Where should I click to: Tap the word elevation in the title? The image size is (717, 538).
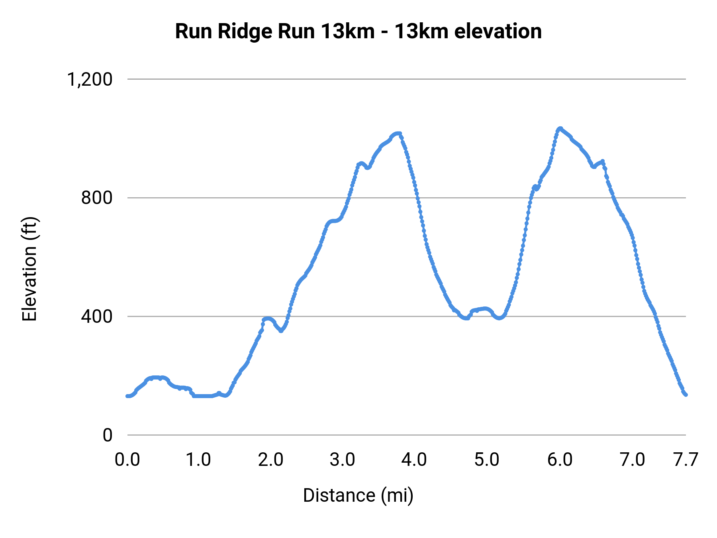pos(498,32)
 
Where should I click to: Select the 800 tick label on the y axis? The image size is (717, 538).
pos(97,198)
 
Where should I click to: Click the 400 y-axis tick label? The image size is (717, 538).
pos(97,316)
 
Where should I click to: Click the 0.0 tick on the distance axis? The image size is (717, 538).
pos(127,460)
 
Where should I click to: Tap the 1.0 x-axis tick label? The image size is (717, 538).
pos(199,460)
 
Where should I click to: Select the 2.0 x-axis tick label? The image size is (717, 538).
pos(270,460)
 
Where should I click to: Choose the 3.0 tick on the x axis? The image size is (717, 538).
pos(343,460)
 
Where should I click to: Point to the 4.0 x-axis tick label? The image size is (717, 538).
pos(414,460)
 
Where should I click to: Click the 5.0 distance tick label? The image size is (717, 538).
pos(487,460)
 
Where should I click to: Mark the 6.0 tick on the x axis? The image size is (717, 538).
pos(560,460)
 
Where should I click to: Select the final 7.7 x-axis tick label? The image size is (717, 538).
pos(686,460)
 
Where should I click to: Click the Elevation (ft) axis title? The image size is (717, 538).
pos(29,269)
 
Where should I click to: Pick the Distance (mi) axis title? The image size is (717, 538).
pos(358,495)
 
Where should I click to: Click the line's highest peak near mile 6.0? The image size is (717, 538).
pos(560,128)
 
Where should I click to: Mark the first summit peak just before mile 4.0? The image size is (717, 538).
pos(397,134)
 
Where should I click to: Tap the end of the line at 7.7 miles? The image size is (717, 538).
pos(686,395)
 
